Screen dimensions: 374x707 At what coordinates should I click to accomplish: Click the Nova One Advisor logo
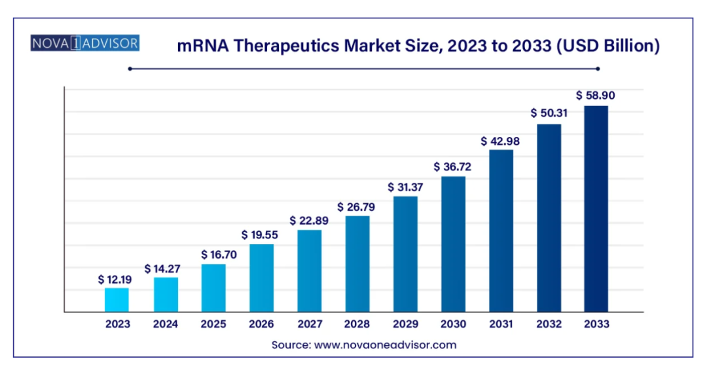(x=84, y=44)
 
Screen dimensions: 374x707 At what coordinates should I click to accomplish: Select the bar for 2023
(x=117, y=300)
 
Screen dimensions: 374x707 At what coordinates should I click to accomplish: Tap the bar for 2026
(x=261, y=278)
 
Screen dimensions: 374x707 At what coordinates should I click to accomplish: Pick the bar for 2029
(x=405, y=254)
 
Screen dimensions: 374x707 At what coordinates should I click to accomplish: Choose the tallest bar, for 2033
(x=596, y=209)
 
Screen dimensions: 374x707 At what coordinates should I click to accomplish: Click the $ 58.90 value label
(x=596, y=96)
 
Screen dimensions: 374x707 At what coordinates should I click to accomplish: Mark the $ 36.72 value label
(x=452, y=167)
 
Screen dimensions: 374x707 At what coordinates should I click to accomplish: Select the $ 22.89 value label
(x=309, y=221)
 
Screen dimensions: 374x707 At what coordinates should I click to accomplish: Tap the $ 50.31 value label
(x=549, y=113)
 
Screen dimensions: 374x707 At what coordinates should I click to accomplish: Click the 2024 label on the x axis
(x=166, y=324)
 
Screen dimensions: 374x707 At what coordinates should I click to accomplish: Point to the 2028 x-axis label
(x=357, y=324)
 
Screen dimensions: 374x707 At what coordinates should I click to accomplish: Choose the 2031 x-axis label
(x=501, y=324)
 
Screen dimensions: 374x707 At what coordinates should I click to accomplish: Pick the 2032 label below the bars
(x=549, y=324)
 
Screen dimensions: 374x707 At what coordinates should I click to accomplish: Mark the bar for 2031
(x=501, y=231)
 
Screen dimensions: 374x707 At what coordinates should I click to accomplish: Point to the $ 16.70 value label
(x=213, y=254)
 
